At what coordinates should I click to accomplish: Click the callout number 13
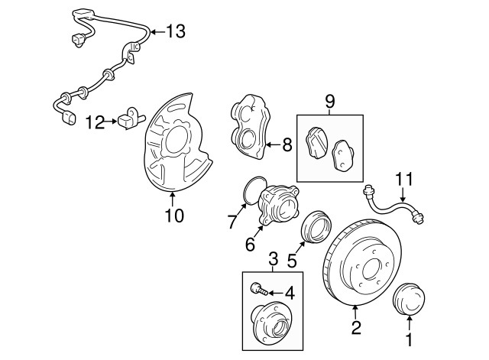[x=175, y=31]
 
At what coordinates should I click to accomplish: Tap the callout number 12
[x=95, y=121]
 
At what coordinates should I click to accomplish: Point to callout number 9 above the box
[x=330, y=100]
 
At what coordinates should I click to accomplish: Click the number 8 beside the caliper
[x=287, y=143]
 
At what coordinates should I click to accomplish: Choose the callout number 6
[x=249, y=245]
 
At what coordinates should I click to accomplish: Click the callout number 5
[x=291, y=260]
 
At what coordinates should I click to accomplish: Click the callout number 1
[x=410, y=337]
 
